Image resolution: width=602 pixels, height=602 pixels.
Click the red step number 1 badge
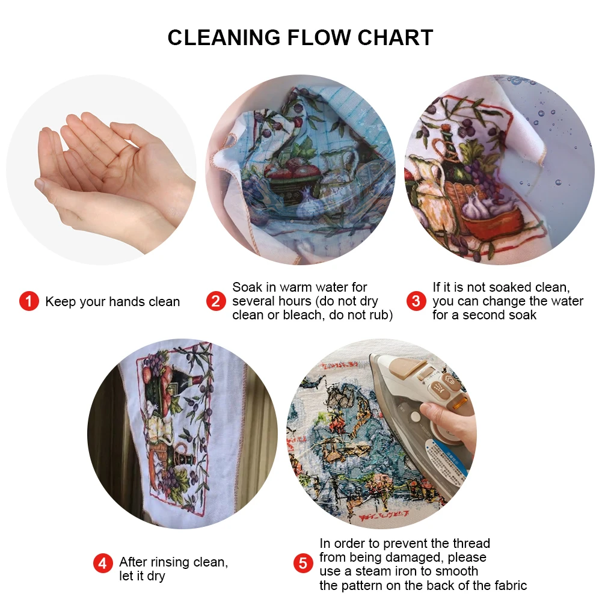[29, 301]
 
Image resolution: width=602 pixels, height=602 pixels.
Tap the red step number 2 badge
[216, 301]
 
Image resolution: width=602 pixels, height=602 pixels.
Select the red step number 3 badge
[416, 301]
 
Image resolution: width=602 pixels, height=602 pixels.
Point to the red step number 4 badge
[103, 564]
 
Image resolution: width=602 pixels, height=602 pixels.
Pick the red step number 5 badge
[303, 564]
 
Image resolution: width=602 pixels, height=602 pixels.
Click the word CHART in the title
[395, 38]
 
